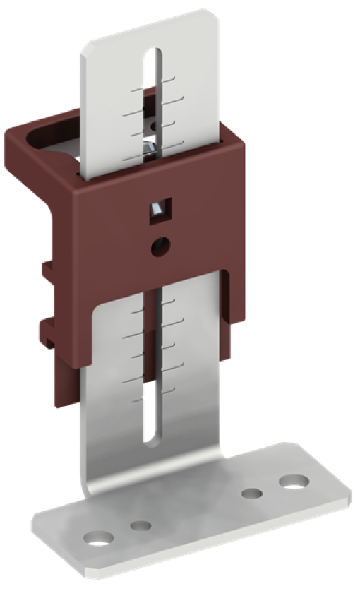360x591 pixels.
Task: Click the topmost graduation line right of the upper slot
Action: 172,78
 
